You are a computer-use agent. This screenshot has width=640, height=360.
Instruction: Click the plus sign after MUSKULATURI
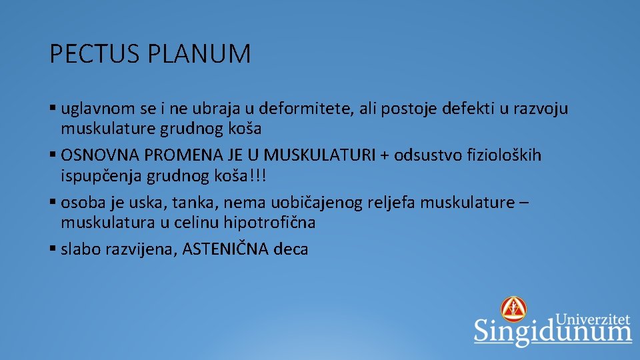385,156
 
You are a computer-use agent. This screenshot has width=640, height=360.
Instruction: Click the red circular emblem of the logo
513,309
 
